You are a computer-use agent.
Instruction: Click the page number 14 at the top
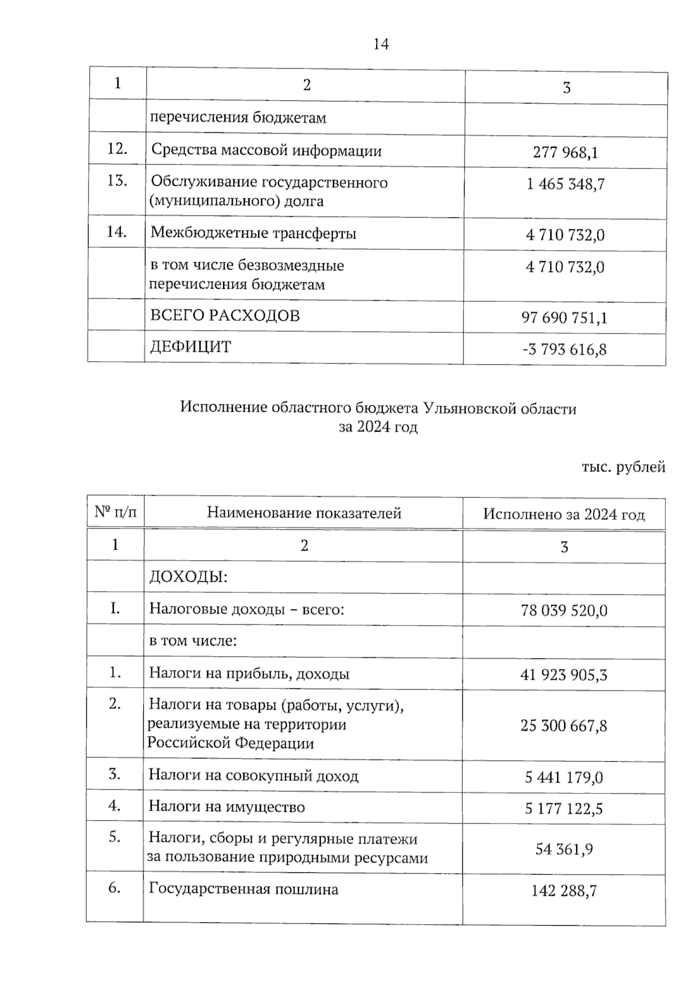tap(381, 44)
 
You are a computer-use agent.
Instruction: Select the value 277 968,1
tap(565, 152)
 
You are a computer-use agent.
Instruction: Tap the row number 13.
tap(117, 181)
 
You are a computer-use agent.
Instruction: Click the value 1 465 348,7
tap(565, 185)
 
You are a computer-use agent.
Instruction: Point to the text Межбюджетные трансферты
tap(254, 233)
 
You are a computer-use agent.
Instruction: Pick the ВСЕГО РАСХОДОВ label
tap(225, 316)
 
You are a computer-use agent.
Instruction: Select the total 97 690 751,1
tap(564, 317)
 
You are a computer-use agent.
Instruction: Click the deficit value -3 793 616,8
tap(564, 349)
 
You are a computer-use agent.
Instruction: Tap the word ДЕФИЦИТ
tap(190, 347)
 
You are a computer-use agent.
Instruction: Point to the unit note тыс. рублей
tap(623, 467)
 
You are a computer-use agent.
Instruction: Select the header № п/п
tap(116, 511)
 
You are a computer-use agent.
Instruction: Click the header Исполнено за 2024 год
tap(563, 514)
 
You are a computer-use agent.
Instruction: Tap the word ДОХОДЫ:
tap(189, 577)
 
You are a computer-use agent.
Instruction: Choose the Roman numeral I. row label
tap(115, 608)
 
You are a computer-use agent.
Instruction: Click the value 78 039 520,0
tap(563, 610)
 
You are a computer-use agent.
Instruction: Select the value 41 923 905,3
tap(563, 675)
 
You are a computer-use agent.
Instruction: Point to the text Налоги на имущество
tap(227, 807)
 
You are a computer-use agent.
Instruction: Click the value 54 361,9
tap(563, 849)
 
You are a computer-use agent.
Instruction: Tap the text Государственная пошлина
tap(243, 889)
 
